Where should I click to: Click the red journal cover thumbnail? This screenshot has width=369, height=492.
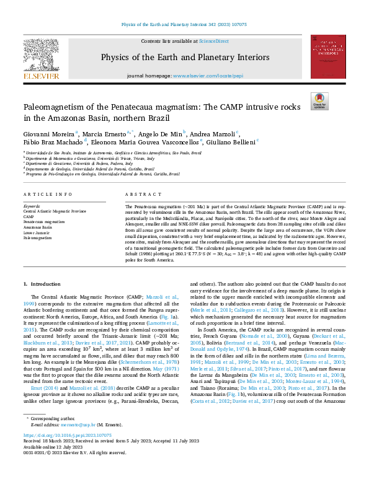327,56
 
